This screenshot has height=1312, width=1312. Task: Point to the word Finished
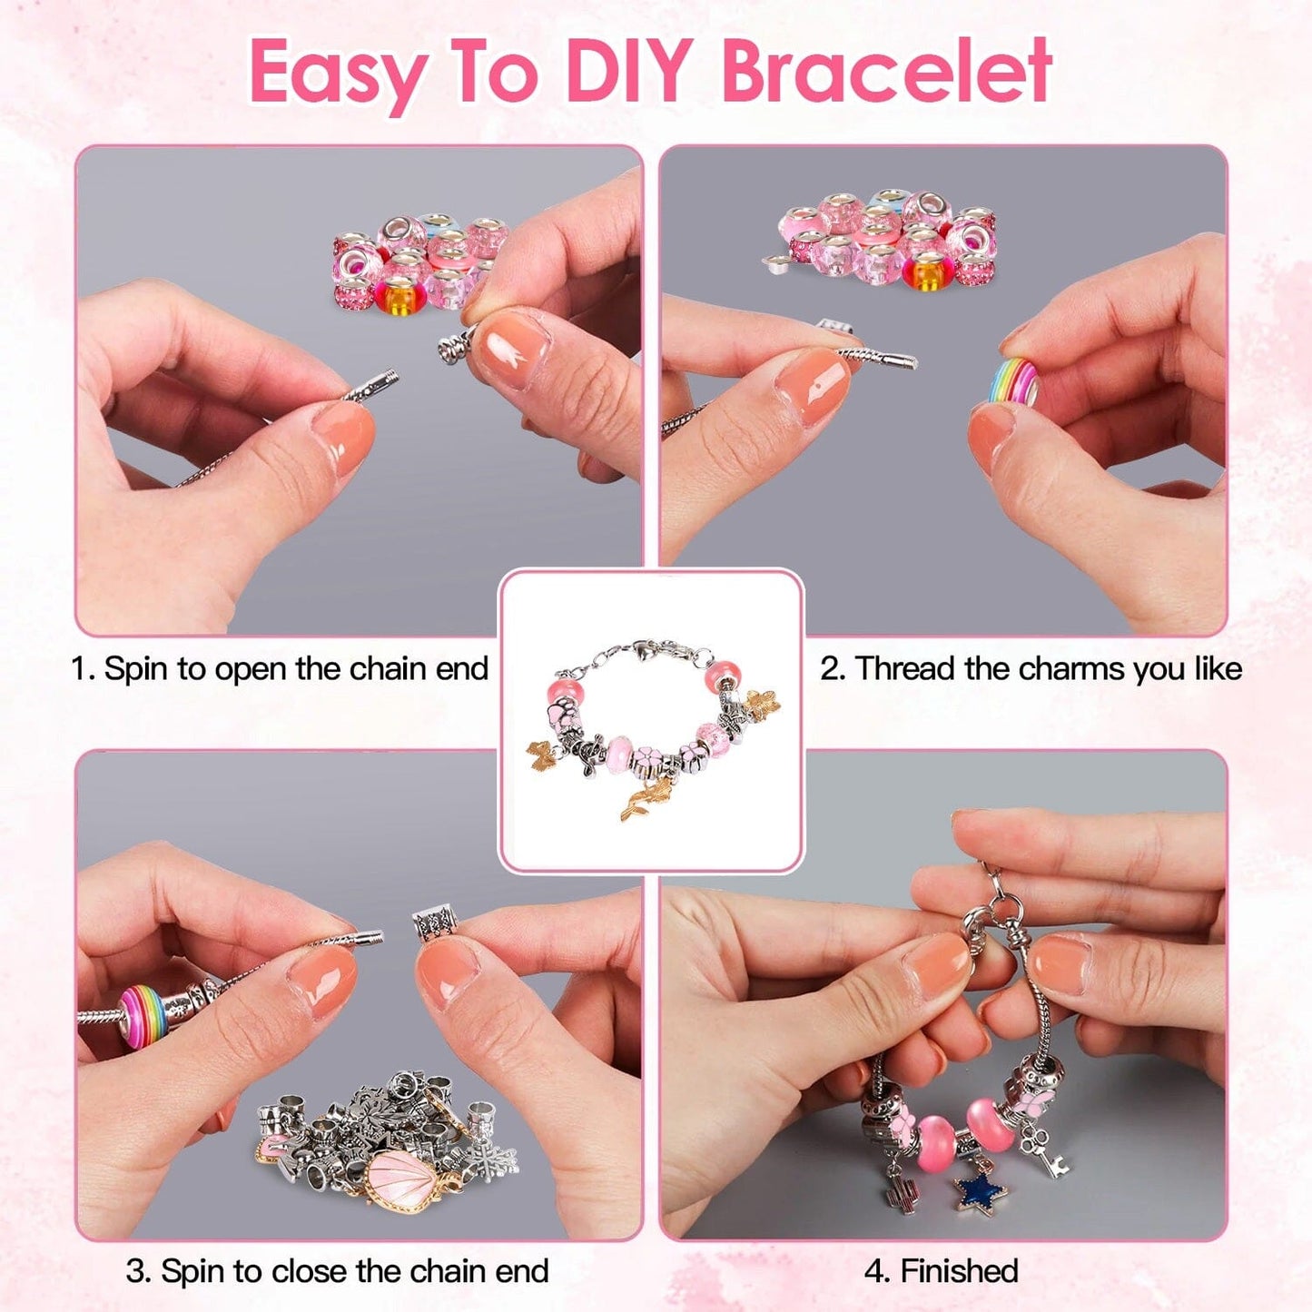[959, 1271]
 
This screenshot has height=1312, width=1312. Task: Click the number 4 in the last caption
[876, 1271]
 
